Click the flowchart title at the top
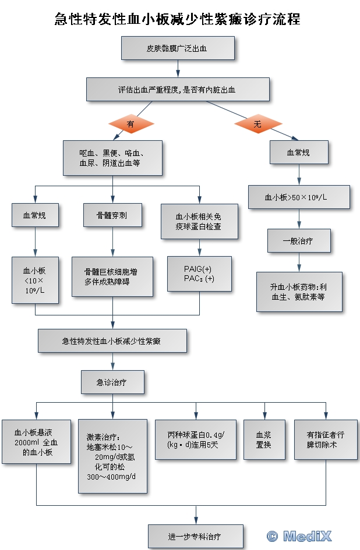click(x=177, y=19)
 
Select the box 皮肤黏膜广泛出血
click(x=178, y=48)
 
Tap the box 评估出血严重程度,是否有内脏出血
click(x=178, y=89)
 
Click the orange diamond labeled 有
click(x=130, y=123)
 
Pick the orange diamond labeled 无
click(x=257, y=123)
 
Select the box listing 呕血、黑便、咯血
click(x=113, y=158)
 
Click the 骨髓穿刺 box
click(x=112, y=215)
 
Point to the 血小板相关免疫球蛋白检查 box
click(x=199, y=221)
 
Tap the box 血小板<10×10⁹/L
click(x=35, y=279)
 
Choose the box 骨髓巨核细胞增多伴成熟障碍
click(x=112, y=277)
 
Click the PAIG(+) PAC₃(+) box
click(x=199, y=274)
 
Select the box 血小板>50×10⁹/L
click(x=299, y=197)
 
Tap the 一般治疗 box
click(x=299, y=240)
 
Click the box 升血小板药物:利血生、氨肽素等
click(x=299, y=291)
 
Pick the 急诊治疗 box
click(x=112, y=382)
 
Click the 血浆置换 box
click(x=264, y=439)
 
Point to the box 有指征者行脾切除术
click(x=325, y=439)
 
